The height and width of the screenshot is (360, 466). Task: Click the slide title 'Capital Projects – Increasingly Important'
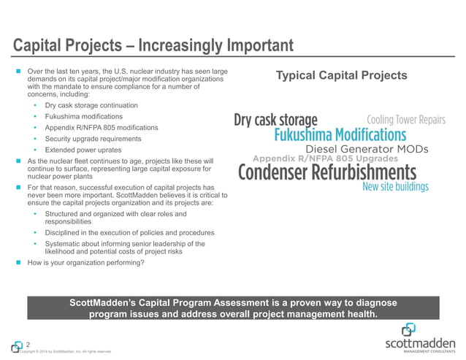[x=154, y=45]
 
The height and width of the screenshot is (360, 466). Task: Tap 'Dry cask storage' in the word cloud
[x=275, y=120]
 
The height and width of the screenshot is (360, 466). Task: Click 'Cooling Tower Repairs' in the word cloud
[x=405, y=120]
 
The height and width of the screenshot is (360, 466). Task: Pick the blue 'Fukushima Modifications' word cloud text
[x=340, y=135]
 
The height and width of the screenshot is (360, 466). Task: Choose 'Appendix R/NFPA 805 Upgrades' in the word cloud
[x=324, y=158]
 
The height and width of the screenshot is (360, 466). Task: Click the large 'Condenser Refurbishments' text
[x=327, y=172]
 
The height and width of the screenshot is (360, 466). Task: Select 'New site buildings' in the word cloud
[x=395, y=187]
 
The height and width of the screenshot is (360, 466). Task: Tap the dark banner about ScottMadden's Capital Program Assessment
[x=233, y=308]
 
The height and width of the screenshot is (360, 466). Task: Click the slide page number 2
[x=28, y=344]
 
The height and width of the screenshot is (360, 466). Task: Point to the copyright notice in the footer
[x=66, y=352]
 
